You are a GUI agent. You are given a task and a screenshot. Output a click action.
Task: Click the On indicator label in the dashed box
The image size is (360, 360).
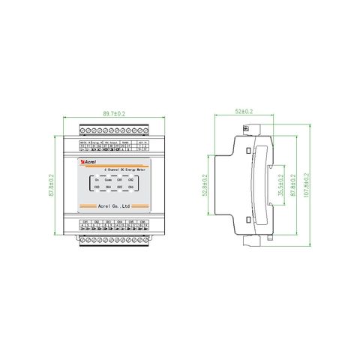point(96,181)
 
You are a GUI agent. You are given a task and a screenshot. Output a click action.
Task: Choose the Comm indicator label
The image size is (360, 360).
point(108,181)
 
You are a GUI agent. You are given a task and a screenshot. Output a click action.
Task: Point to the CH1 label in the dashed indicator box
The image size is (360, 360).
point(120,181)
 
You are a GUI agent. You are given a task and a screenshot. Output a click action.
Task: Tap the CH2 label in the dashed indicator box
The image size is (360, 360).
point(130,181)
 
